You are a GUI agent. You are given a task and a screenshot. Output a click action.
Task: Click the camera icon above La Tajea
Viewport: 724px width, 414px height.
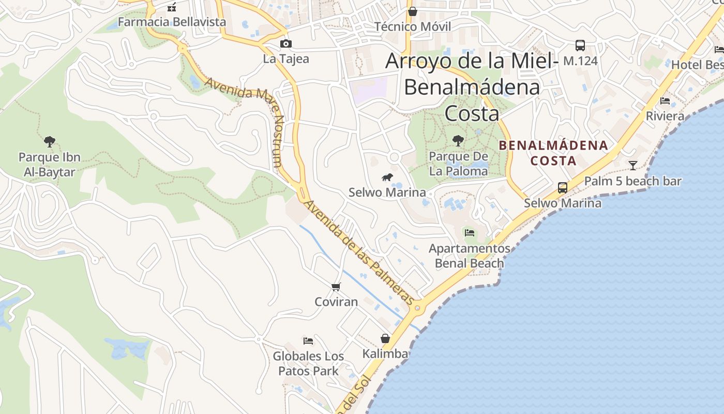285,43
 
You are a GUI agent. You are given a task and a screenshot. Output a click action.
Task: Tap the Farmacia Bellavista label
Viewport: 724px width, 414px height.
172,22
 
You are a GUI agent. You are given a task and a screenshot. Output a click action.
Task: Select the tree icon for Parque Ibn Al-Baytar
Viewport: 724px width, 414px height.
50,141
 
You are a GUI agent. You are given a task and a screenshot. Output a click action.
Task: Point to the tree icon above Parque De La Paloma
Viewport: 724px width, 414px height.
458,140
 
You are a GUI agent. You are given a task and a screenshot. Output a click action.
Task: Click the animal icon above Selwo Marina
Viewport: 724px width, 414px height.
387,178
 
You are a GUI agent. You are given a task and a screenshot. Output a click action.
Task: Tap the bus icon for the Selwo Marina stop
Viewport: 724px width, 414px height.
563,187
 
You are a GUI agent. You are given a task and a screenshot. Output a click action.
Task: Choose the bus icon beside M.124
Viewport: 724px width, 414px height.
580,46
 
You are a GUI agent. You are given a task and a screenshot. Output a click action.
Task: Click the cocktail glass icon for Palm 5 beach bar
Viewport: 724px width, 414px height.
632,166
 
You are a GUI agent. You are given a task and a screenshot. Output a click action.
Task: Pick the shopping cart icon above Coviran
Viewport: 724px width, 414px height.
336,287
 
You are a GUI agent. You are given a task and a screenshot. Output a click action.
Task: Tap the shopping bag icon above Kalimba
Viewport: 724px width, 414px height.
385,338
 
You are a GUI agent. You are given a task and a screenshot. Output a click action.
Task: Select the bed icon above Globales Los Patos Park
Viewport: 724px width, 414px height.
308,341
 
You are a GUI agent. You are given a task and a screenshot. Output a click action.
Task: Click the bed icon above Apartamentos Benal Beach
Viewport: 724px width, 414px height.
470,232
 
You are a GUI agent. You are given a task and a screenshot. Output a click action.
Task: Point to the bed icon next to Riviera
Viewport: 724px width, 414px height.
665,100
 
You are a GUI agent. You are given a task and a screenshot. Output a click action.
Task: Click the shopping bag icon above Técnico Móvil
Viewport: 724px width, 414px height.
413,11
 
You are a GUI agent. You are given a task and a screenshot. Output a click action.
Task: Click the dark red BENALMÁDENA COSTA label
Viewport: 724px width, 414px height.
553,153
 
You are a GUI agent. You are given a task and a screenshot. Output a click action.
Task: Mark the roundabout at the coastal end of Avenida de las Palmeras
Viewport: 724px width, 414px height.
417,307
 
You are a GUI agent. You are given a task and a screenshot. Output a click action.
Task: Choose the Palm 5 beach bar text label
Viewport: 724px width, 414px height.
632,181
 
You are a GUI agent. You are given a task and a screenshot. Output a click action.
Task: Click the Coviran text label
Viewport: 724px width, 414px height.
336,302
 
